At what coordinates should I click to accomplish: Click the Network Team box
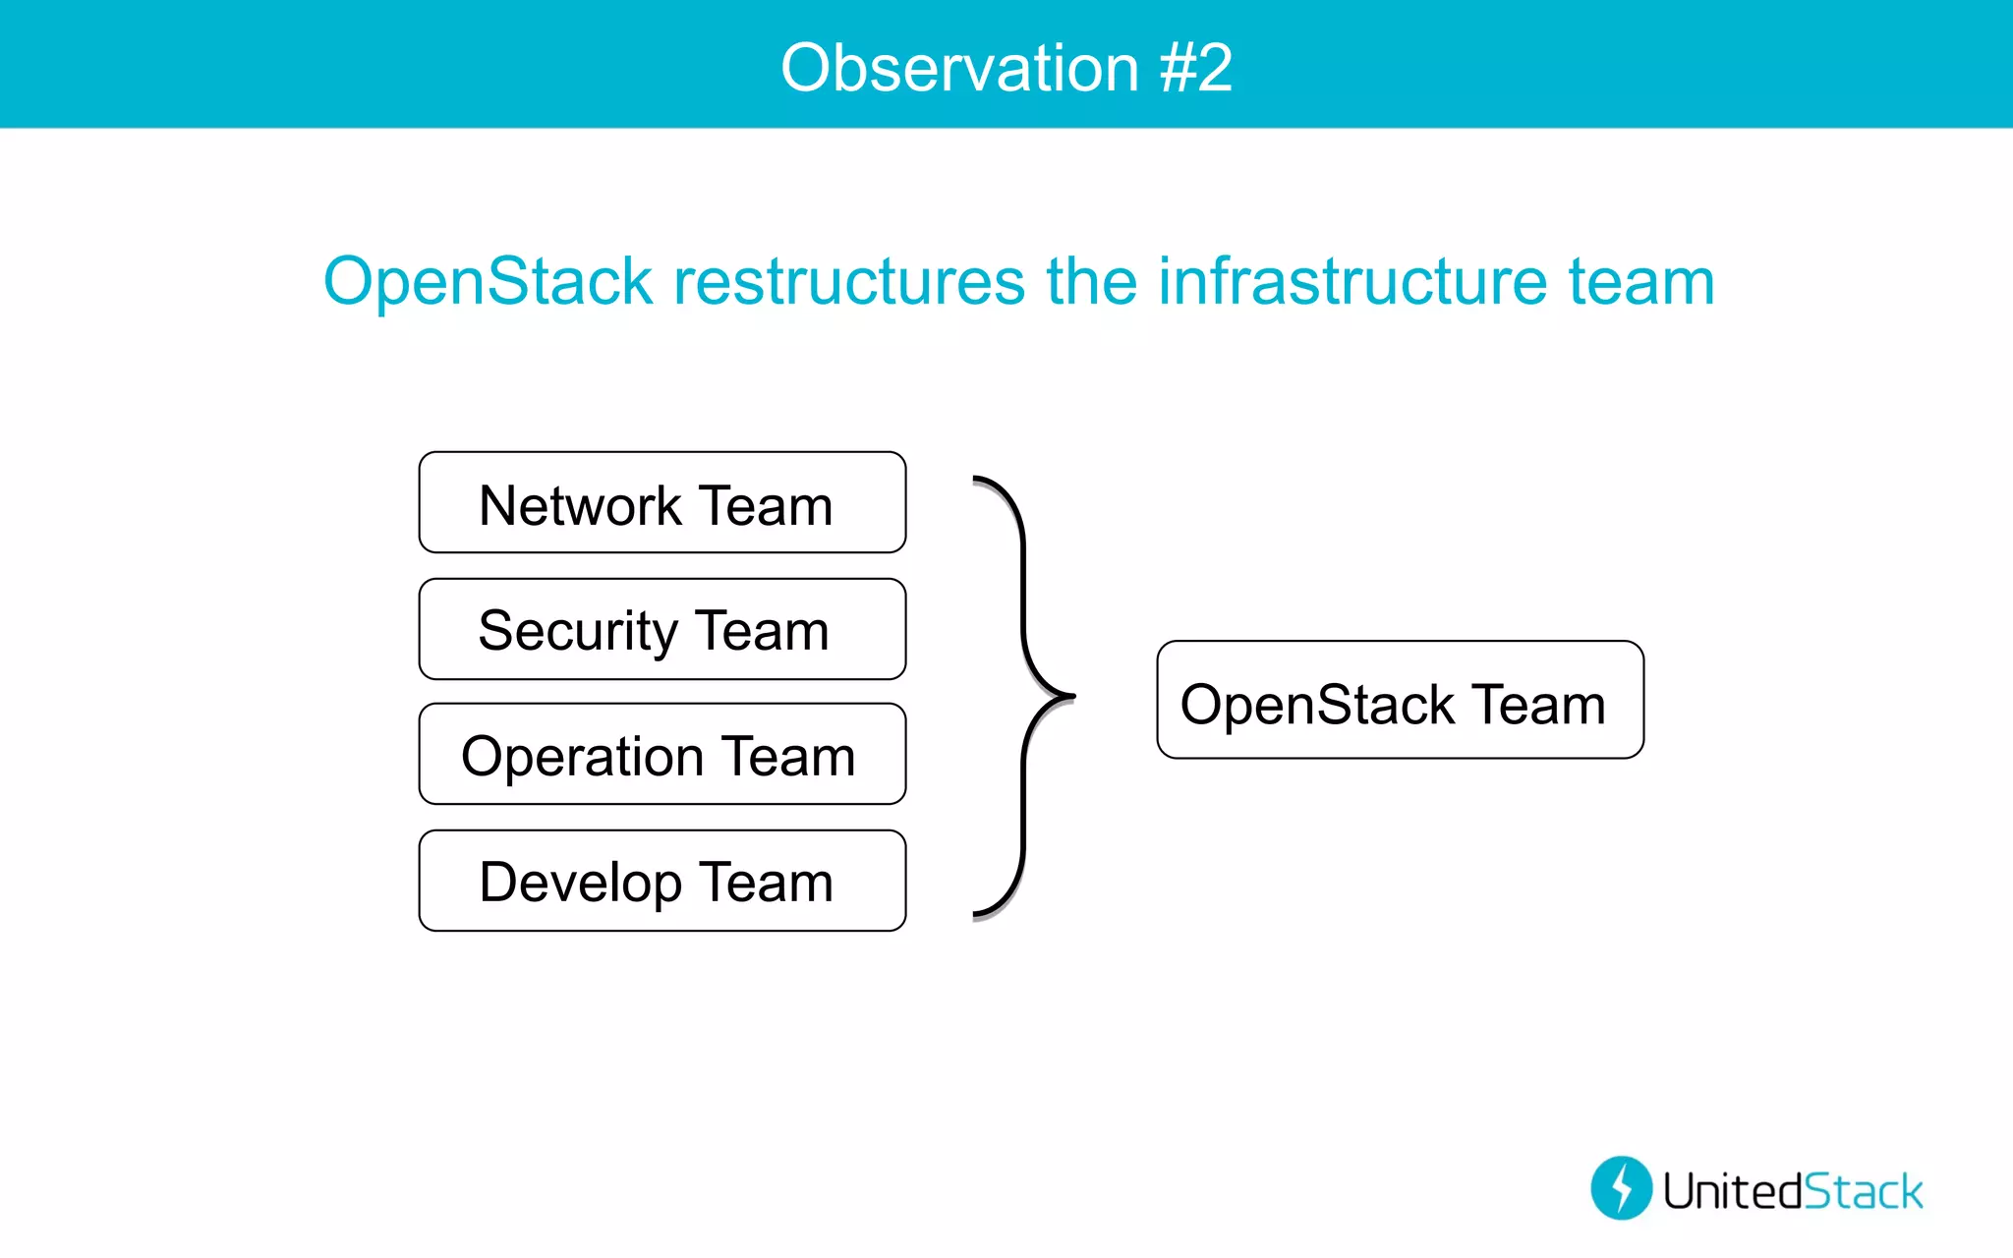pos(661,502)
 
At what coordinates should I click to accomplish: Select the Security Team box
pos(661,629)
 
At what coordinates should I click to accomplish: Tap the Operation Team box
pos(661,754)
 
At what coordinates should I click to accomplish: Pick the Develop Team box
pos(661,881)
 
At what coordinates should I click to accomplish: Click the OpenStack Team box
pos(1400,700)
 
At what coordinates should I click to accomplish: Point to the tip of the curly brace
pos(1072,696)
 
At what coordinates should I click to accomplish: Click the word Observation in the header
pos(959,68)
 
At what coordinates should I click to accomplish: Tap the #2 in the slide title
pos(1195,68)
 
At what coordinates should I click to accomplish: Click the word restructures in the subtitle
pos(849,282)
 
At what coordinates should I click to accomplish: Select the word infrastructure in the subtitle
pos(1352,282)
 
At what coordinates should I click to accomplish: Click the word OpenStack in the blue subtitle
pos(489,282)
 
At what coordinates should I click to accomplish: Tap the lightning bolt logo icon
pos(1621,1187)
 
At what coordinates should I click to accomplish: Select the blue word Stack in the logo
pos(1864,1191)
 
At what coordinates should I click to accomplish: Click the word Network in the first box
pos(580,506)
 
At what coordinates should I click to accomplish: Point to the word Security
pos(578,631)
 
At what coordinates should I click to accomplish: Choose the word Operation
pos(583,757)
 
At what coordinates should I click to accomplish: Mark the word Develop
pos(580,883)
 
